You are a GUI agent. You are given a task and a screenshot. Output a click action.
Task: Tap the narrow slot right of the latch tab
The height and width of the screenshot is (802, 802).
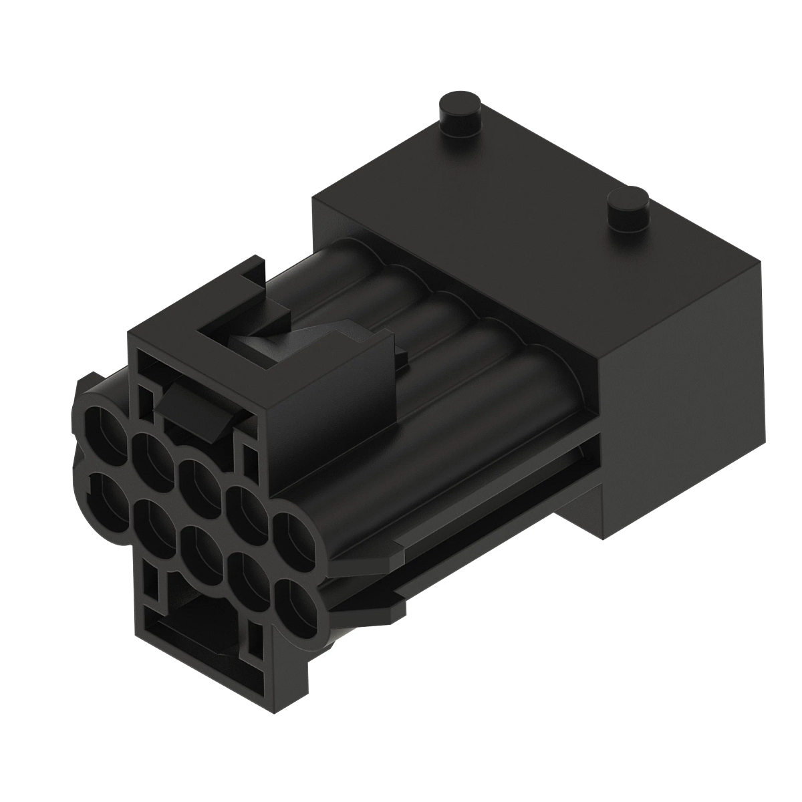(x=250, y=458)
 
